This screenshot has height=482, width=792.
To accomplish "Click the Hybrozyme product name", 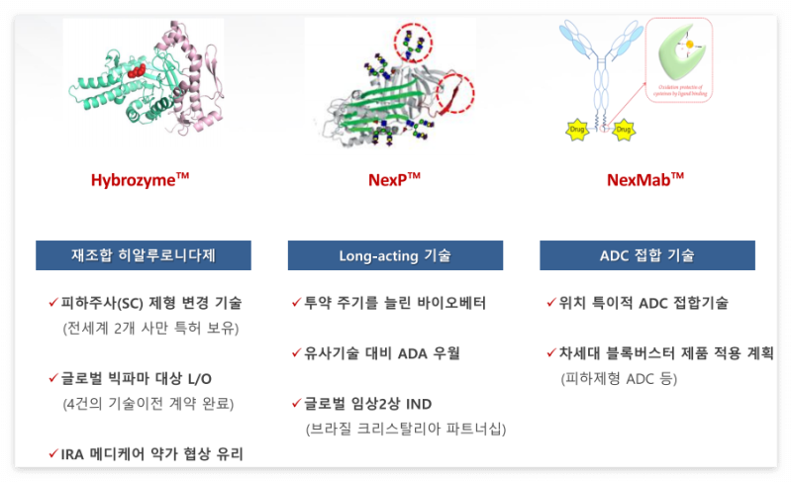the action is pyautogui.click(x=140, y=180).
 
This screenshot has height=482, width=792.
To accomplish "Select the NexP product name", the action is pyautogui.click(x=394, y=180).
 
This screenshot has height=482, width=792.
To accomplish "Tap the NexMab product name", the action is pyautogui.click(x=645, y=180).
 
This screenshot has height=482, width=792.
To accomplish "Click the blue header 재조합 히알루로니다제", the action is pyautogui.click(x=144, y=255).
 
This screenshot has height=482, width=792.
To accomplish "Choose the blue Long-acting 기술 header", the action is pyautogui.click(x=395, y=255).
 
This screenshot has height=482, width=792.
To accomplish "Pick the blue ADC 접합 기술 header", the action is pyautogui.click(x=646, y=255).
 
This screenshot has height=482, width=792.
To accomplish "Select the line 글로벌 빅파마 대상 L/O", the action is pyautogui.click(x=137, y=378).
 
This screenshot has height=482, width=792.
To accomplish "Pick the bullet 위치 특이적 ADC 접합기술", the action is pyautogui.click(x=643, y=303).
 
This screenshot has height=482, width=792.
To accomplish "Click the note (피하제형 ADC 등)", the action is pyautogui.click(x=610, y=378).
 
